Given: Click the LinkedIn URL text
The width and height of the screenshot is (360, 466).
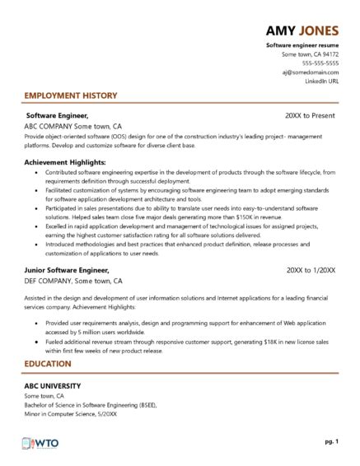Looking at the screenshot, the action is (321, 82).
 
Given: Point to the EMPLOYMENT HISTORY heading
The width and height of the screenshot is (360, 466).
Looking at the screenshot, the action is (71, 96).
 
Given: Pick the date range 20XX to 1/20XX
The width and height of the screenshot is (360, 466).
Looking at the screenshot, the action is (312, 269).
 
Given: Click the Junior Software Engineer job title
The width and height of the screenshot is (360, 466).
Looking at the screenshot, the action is (67, 269).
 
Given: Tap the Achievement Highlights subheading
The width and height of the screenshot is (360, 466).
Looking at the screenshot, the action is (69, 162).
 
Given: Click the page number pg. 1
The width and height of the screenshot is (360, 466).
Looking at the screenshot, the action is (331, 443).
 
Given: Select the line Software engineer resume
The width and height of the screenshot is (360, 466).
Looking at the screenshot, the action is (302, 44).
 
